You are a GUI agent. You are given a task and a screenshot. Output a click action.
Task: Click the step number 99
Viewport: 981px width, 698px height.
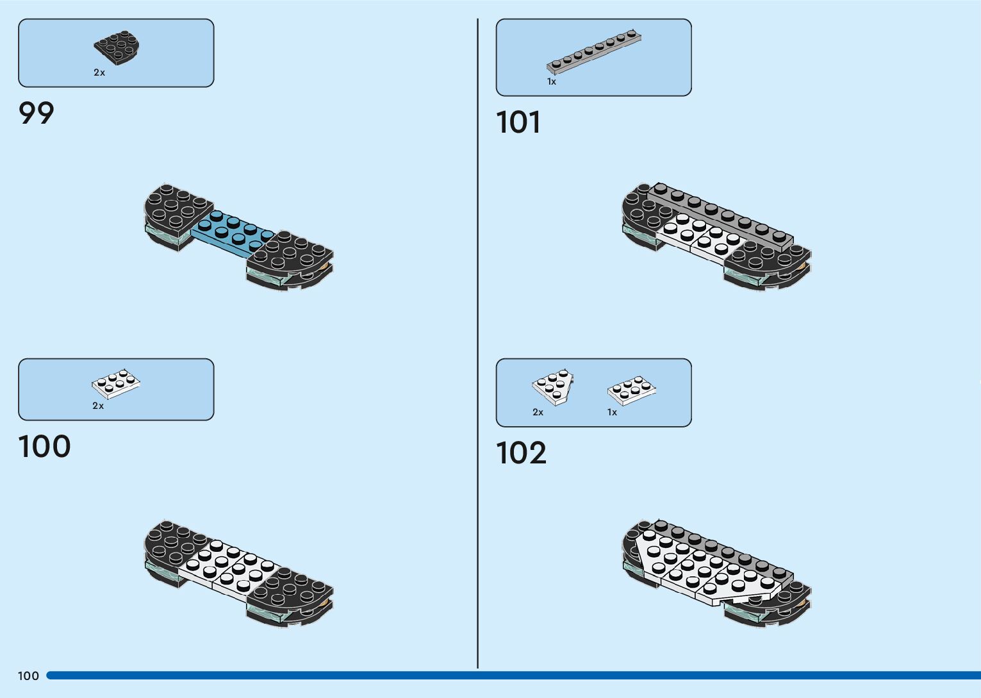click(37, 113)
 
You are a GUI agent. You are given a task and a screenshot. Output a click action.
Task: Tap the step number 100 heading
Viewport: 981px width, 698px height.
click(44, 447)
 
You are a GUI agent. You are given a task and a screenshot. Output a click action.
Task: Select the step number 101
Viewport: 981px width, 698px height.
click(518, 122)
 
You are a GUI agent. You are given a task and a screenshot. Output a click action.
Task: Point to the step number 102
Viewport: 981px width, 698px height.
click(521, 453)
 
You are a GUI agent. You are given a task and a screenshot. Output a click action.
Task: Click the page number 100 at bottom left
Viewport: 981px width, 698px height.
click(28, 676)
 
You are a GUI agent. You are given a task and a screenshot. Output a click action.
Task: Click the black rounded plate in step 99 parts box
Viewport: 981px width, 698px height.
click(117, 48)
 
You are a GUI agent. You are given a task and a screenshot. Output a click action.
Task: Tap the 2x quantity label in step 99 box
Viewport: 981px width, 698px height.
click(99, 72)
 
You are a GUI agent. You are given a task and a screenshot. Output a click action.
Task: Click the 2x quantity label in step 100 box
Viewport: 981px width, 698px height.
click(98, 406)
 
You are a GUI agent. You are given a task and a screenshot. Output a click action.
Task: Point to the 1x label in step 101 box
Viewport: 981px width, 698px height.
click(552, 81)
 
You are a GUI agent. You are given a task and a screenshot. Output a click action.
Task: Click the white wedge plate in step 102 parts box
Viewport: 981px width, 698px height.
click(552, 386)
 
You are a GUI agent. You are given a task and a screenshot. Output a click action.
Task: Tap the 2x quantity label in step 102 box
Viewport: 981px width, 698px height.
click(538, 412)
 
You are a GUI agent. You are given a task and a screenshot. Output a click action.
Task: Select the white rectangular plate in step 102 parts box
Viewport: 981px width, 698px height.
click(631, 389)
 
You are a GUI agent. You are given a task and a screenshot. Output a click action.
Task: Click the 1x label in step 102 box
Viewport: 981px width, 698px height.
click(612, 412)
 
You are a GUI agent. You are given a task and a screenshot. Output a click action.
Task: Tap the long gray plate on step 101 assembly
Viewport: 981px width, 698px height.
click(724, 215)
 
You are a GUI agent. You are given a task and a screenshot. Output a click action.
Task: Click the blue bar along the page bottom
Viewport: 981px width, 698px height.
click(513, 676)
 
